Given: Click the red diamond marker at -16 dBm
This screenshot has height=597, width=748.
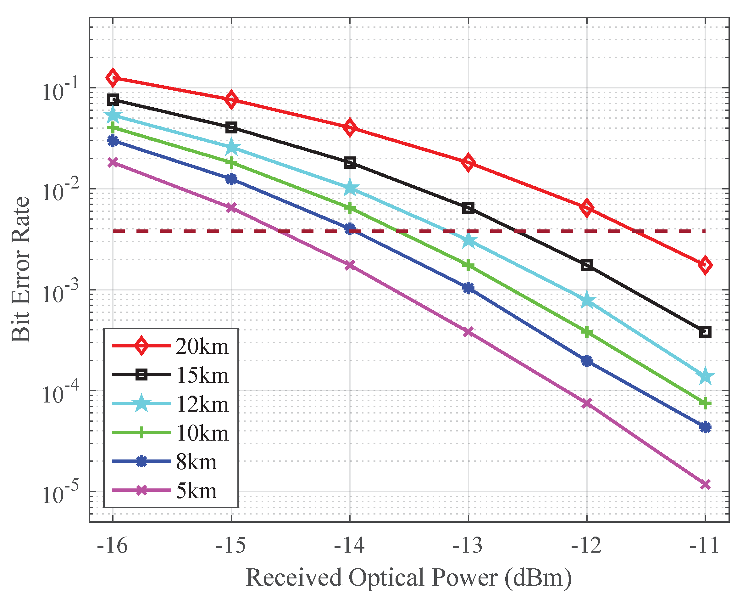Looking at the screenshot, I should tap(113, 78).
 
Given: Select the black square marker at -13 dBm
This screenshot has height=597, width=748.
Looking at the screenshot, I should tap(468, 208).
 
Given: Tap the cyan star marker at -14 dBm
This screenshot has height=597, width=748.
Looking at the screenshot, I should tap(350, 188).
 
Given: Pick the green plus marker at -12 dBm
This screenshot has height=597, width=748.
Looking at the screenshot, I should tap(587, 332).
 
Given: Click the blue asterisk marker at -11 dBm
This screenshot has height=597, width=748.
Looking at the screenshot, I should tap(705, 427).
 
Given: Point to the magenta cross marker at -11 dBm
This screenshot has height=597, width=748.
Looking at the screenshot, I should tap(705, 484).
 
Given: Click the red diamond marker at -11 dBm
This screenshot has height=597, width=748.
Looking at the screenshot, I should tap(705, 265).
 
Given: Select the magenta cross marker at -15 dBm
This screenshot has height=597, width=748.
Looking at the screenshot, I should tap(231, 208).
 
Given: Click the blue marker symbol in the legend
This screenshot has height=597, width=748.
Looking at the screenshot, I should tap(141, 462).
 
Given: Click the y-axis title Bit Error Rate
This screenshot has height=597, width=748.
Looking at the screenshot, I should tap(21, 269).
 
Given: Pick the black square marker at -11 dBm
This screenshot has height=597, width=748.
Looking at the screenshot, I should tap(705, 332).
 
